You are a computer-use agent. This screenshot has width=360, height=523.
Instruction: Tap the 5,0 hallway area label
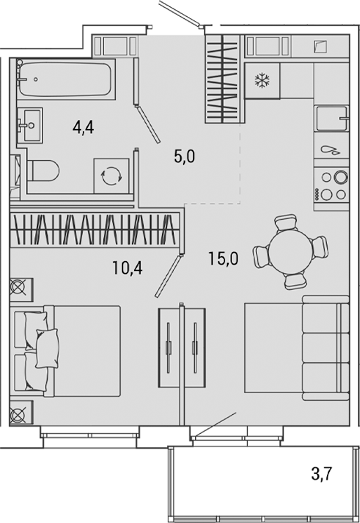coord(184,156)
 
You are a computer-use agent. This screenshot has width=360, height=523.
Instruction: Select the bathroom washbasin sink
coord(29,126)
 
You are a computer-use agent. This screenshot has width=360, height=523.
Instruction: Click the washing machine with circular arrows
coord(112,176)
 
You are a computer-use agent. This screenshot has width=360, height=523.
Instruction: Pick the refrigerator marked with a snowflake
coord(262,81)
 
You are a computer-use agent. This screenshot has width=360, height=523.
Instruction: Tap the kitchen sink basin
coord(331,119)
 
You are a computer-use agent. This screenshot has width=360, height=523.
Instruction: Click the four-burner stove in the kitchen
coord(331,185)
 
